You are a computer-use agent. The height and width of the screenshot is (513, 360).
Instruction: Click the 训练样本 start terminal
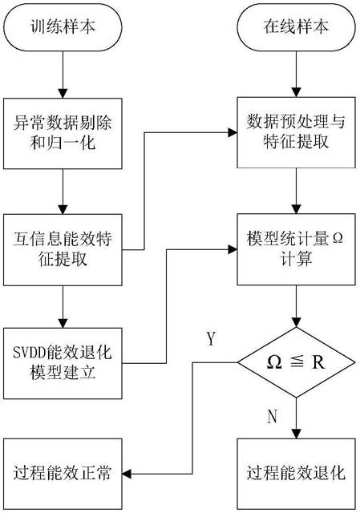63,26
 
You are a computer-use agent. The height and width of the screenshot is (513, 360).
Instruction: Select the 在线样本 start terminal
296,26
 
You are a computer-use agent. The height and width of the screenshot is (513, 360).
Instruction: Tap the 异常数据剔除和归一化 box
63,134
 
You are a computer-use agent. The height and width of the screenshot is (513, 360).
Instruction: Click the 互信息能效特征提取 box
63,249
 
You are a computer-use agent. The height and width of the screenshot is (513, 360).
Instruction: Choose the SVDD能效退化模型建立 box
63,363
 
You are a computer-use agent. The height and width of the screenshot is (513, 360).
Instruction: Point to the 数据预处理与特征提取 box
296,132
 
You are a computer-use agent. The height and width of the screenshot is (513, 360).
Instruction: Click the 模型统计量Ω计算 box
296,249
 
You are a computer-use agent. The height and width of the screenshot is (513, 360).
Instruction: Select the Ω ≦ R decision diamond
296,362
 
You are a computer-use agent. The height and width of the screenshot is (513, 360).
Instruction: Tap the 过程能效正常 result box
63,474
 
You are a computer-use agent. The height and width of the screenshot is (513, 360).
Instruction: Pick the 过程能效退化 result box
296,474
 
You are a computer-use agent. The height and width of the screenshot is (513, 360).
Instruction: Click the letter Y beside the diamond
212,338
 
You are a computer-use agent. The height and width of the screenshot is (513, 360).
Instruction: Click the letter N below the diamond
272,417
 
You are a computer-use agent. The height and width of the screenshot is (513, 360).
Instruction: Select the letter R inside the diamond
318,362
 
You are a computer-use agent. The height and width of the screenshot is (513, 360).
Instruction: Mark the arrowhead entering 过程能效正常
127,474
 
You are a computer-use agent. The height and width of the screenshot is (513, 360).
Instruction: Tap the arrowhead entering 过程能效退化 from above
296,434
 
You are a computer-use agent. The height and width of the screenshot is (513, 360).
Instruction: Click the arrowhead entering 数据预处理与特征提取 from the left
233,132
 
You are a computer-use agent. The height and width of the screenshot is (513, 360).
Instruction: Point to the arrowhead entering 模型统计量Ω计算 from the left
233,249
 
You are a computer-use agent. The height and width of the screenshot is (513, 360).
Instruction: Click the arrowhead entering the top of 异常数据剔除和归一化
63,94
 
